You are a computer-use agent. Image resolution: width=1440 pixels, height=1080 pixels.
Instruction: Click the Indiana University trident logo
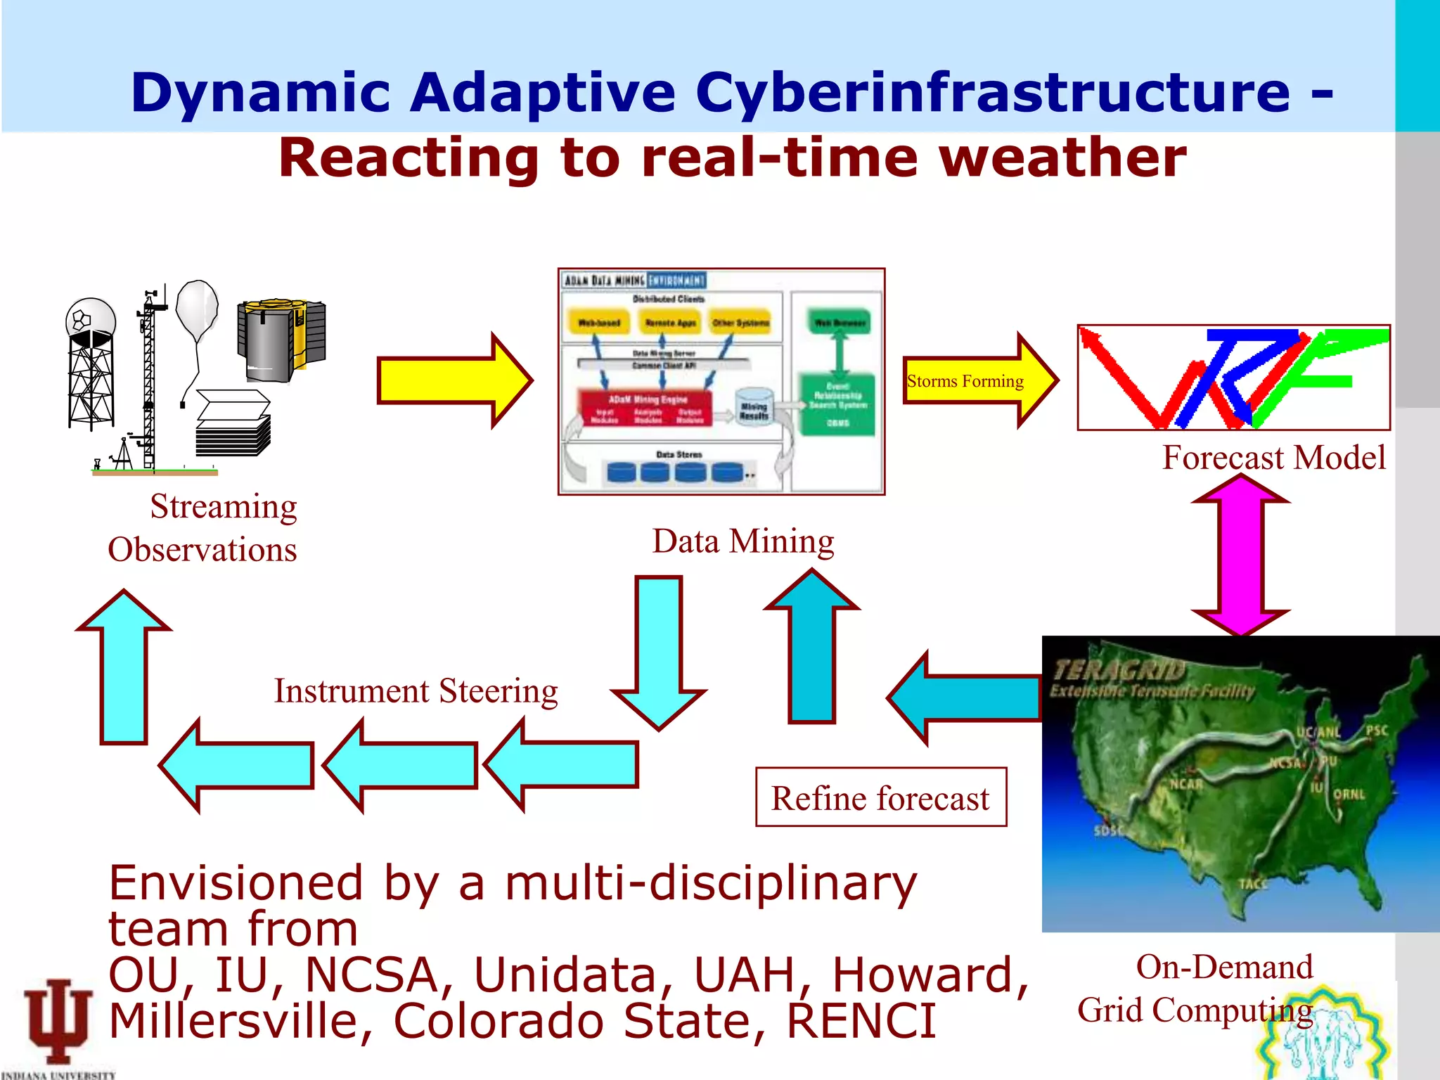pyautogui.click(x=58, y=1020)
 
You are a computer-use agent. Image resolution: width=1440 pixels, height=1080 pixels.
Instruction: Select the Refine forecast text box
pyautogui.click(x=880, y=797)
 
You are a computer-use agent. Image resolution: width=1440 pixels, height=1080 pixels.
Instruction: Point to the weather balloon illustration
pyautogui.click(x=197, y=309)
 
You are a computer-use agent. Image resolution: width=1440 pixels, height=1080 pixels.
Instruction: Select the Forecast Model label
pyautogui.click(x=1273, y=458)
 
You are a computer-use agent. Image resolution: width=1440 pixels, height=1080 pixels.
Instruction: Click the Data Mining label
pyautogui.click(x=742, y=541)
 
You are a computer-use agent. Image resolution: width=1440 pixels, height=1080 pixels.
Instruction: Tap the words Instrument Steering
pyautogui.click(x=416, y=690)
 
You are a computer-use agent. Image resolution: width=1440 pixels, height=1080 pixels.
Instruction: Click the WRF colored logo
pyautogui.click(x=1233, y=378)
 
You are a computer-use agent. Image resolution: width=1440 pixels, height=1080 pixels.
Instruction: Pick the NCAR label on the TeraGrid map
pyautogui.click(x=1185, y=783)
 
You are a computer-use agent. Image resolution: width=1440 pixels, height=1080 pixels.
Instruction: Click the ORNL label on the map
pyautogui.click(x=1349, y=794)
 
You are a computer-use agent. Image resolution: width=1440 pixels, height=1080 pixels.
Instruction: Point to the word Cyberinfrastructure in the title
pyautogui.click(x=992, y=93)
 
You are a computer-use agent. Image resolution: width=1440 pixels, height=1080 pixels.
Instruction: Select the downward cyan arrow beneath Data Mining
pyautogui.click(x=659, y=650)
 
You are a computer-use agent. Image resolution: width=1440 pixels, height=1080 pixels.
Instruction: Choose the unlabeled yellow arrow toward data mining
pyautogui.click(x=454, y=380)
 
